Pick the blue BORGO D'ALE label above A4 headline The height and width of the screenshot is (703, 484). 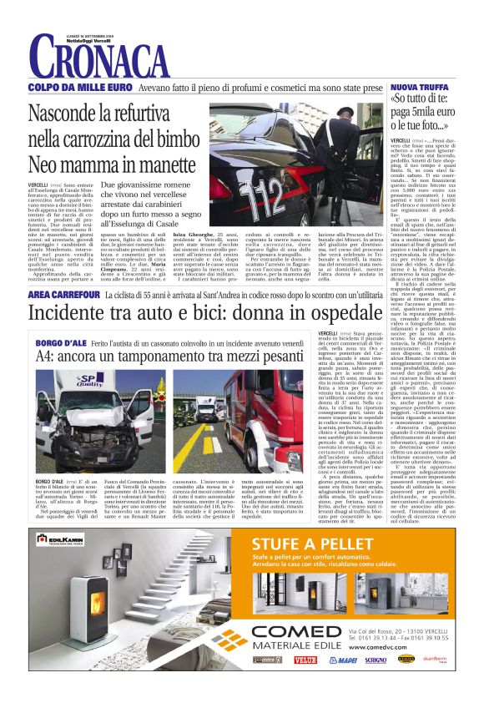coord(60,341)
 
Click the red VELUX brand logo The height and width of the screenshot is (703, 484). coord(305,660)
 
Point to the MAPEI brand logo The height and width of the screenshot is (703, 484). coord(342,660)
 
